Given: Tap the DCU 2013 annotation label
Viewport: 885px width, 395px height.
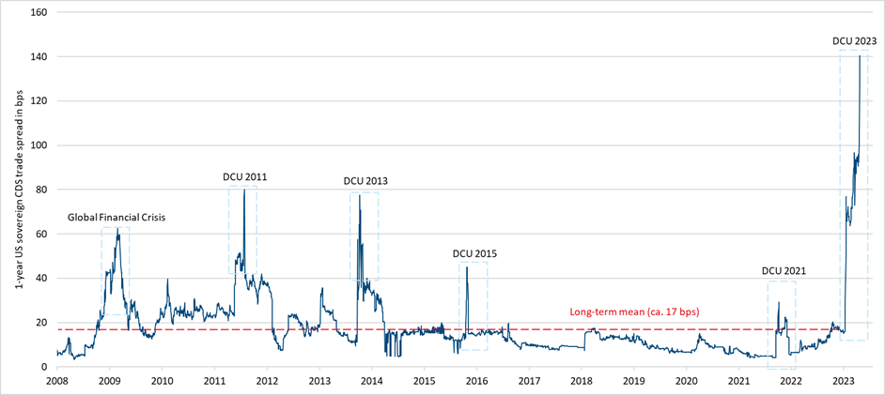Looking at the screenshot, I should (x=365, y=181).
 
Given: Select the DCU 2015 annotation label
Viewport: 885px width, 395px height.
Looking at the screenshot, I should (x=474, y=253).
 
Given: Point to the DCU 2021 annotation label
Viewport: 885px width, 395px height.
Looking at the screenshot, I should (x=784, y=271).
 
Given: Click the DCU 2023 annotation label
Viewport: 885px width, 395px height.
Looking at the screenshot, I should (x=855, y=40).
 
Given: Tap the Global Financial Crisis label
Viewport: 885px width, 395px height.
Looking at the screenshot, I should (x=116, y=218).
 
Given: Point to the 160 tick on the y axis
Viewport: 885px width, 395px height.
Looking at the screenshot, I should (x=40, y=13).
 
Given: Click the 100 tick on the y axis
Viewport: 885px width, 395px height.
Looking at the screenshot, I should (x=40, y=145).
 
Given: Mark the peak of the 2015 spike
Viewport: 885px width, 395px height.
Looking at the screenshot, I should (x=467, y=268).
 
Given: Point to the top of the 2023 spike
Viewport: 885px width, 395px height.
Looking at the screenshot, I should (x=860, y=56).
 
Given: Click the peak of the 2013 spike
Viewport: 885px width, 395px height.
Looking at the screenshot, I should (x=359, y=195).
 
